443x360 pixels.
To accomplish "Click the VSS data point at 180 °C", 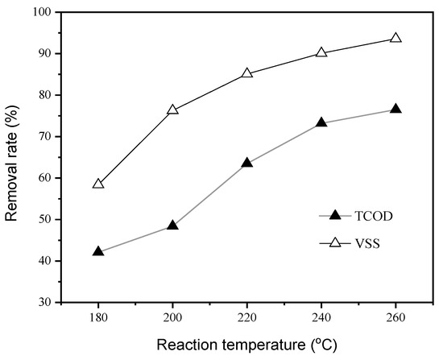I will pyautogui.click(x=98, y=184).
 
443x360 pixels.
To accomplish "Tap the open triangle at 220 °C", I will pyautogui.click(x=247, y=72).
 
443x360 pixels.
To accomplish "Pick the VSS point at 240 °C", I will pyautogui.click(x=321, y=52).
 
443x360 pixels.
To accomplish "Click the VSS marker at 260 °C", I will pyautogui.click(x=395, y=38).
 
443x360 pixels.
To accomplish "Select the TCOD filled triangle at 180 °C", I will pyautogui.click(x=98, y=251).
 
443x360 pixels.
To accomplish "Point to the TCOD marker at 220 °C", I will pyautogui.click(x=247, y=163).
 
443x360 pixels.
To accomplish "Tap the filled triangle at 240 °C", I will pyautogui.click(x=321, y=122).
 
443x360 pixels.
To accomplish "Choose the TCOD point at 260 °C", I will pyautogui.click(x=395, y=109).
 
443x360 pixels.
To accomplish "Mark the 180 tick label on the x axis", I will pyautogui.click(x=98, y=317).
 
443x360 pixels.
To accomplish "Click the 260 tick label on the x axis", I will pyautogui.click(x=395, y=317).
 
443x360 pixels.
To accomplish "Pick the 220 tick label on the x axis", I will pyautogui.click(x=247, y=317).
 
